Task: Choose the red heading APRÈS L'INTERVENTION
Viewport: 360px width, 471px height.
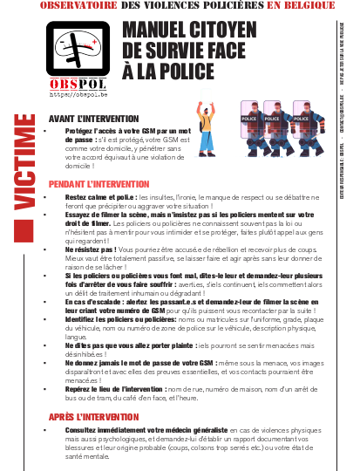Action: pos(92,417)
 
